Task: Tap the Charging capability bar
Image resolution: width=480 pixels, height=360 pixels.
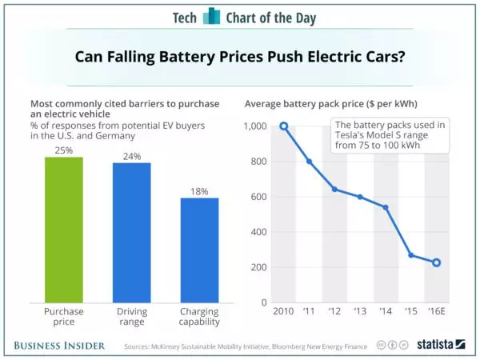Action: coord(199,250)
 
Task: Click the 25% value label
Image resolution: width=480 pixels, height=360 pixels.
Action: coord(63,150)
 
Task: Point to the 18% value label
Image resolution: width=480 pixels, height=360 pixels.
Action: coord(199,191)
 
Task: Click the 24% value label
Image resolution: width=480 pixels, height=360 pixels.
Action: coord(132,156)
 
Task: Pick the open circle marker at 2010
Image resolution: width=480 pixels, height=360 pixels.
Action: coord(283,126)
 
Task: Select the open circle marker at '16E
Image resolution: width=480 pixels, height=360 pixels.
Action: coord(437,262)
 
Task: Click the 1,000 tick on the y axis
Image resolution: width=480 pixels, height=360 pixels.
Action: coord(256,126)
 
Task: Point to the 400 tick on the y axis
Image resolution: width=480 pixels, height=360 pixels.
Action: coord(259,233)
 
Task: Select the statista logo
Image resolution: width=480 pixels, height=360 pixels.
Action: coord(441,345)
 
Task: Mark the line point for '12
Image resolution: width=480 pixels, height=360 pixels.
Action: coord(334,190)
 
